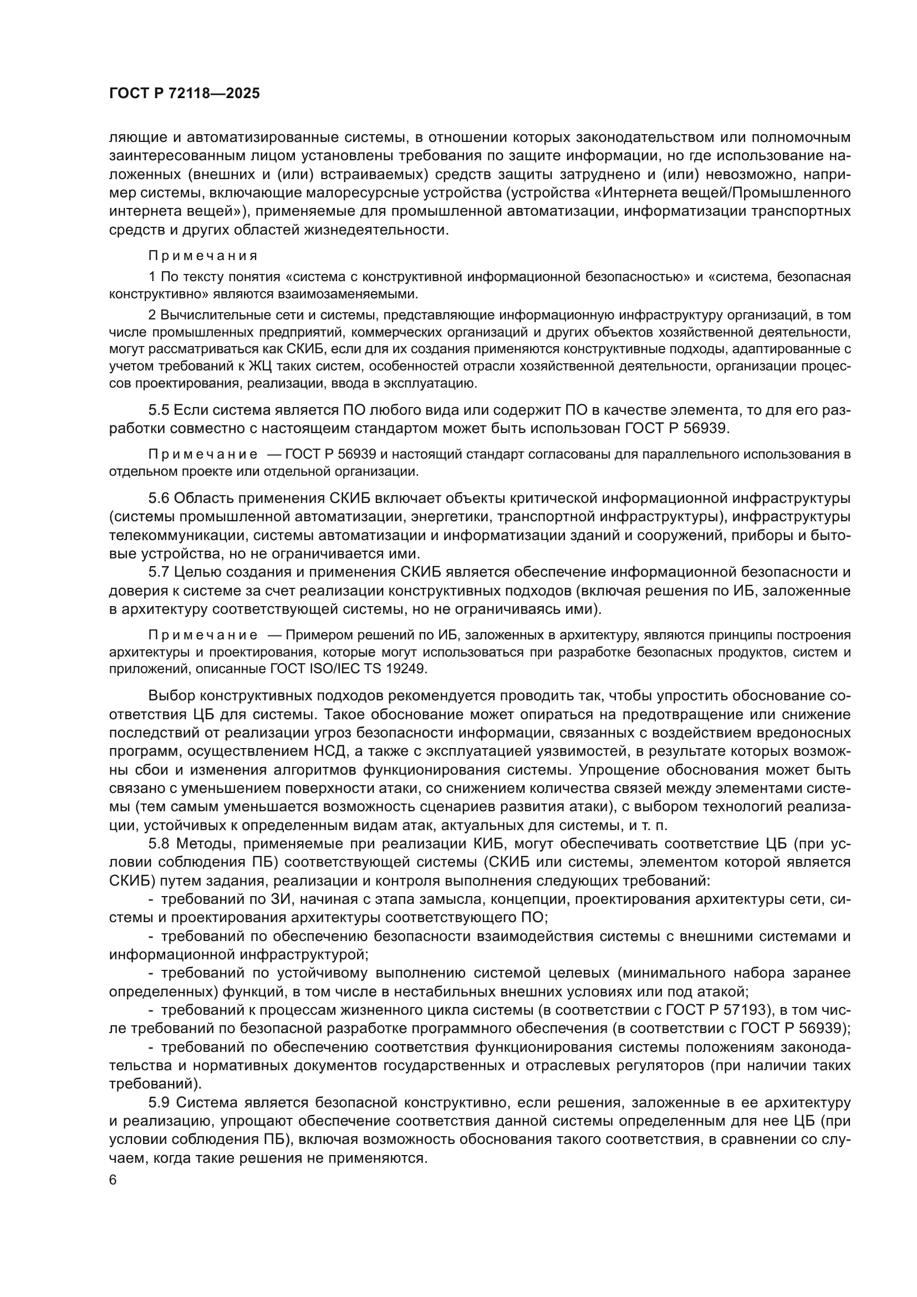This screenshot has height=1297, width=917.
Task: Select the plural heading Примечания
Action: (203, 256)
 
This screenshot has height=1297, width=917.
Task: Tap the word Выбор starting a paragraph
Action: (172, 695)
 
